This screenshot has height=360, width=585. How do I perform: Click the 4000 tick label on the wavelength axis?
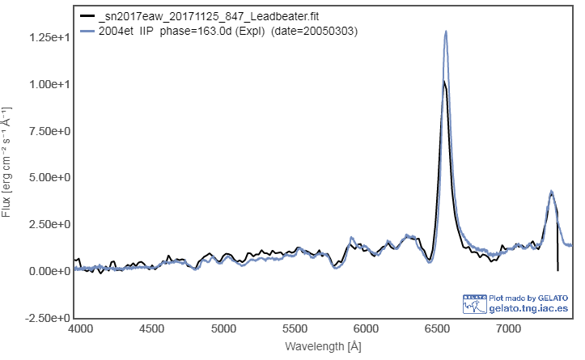(79, 329)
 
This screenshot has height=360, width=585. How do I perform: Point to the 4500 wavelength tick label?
(151, 329)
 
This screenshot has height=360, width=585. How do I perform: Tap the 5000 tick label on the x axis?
(223, 329)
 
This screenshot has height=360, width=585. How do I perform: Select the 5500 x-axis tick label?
(295, 329)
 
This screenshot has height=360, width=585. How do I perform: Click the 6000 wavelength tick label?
(367, 329)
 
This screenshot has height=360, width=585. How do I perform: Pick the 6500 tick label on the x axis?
(438, 329)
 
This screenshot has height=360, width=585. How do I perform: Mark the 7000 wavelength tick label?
(509, 329)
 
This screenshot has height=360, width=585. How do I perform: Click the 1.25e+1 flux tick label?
(47, 38)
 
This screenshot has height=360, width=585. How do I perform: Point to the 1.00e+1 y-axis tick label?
(47, 85)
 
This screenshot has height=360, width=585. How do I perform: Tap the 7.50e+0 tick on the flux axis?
(47, 131)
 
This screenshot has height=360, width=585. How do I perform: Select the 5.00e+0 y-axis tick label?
(47, 177)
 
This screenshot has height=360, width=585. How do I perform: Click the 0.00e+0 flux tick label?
(47, 271)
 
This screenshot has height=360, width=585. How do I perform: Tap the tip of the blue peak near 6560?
(446, 32)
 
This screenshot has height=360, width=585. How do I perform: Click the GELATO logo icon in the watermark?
(474, 303)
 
